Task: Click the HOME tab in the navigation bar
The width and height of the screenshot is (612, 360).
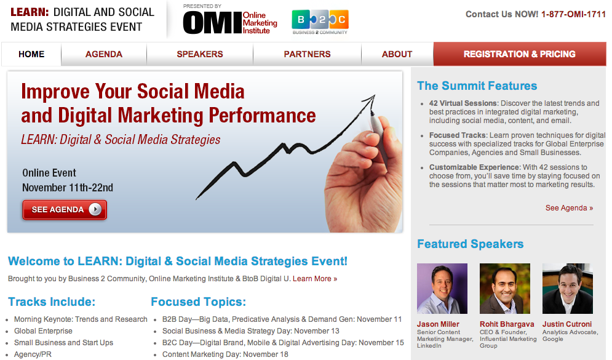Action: pyautogui.click(x=31, y=54)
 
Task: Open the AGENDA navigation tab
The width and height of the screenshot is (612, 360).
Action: pyautogui.click(x=104, y=54)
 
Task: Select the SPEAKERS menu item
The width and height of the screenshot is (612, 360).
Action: pyautogui.click(x=200, y=54)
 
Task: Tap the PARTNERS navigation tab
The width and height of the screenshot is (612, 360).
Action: pyautogui.click(x=307, y=54)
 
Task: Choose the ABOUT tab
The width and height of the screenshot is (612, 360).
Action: pyautogui.click(x=397, y=54)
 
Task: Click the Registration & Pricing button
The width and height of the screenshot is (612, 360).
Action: pyautogui.click(x=520, y=54)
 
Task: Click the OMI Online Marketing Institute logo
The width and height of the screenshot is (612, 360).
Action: pyautogui.click(x=230, y=22)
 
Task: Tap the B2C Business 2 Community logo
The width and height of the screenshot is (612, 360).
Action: pyautogui.click(x=320, y=22)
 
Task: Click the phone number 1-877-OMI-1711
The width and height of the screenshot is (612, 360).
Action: pyautogui.click(x=573, y=14)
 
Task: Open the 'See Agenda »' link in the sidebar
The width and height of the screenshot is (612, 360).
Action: pyautogui.click(x=569, y=208)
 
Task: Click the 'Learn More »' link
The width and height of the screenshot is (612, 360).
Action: pyautogui.click(x=315, y=279)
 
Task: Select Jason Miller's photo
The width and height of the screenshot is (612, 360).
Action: pyautogui.click(x=442, y=289)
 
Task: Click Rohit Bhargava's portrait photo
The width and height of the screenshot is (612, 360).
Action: pyautogui.click(x=505, y=289)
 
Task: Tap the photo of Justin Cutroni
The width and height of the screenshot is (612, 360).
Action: pyautogui.click(x=568, y=289)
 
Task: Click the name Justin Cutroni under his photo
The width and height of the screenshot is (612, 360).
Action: pyautogui.click(x=567, y=324)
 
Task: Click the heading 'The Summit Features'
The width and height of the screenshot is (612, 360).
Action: pyautogui.click(x=477, y=86)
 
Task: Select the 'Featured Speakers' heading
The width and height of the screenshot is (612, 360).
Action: pyautogui.click(x=471, y=244)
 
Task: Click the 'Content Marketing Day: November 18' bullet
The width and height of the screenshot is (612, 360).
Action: pyautogui.click(x=225, y=354)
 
